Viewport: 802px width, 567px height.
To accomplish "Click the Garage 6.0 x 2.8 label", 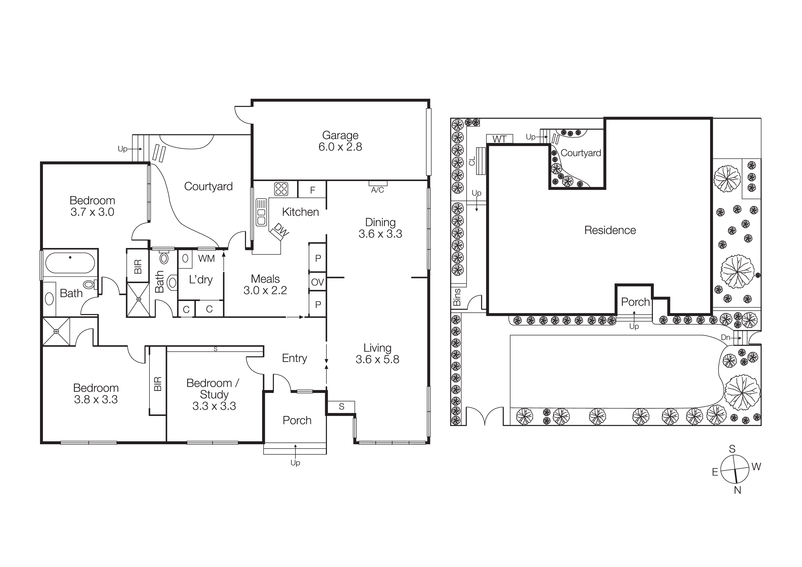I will click(340, 141).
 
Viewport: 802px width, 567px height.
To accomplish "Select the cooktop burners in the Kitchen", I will click(281, 189).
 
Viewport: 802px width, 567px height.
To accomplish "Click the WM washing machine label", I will click(206, 258).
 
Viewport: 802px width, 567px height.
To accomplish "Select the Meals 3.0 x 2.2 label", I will click(265, 284).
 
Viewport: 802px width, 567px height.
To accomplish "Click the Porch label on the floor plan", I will click(297, 420).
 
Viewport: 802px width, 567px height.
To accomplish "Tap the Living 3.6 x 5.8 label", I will click(377, 354).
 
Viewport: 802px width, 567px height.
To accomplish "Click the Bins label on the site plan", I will click(457, 297).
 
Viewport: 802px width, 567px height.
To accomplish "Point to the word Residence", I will click(610, 230).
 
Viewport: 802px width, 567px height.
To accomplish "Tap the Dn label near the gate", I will click(725, 337).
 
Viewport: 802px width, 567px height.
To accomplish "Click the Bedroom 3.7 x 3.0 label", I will click(92, 206).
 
